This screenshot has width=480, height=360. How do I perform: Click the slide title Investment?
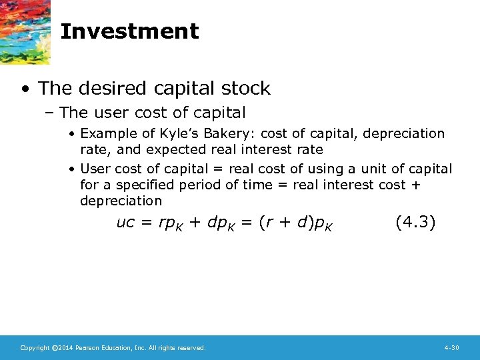point(129,31)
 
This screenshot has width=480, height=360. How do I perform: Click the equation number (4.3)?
point(415,222)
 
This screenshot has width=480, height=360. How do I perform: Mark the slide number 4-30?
point(451,348)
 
